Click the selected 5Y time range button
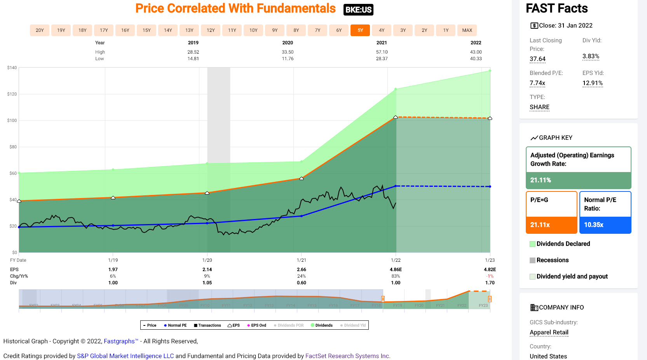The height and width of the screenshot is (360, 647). click(360, 30)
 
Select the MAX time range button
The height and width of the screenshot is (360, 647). click(467, 30)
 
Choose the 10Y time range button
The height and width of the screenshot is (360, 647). click(253, 30)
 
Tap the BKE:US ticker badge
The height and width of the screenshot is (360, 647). click(358, 10)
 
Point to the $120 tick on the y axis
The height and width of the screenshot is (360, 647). click(12, 94)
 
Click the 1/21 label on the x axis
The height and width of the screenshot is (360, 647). click(302, 260)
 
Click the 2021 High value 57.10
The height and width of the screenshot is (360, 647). click(382, 52)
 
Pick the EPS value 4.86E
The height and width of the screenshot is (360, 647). click(396, 270)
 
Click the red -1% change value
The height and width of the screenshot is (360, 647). click(490, 276)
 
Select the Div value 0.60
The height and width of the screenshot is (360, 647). click(302, 283)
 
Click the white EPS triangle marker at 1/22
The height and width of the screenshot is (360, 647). click(396, 117)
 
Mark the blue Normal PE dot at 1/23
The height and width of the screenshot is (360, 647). click(490, 186)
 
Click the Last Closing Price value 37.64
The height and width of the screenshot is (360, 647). click(537, 59)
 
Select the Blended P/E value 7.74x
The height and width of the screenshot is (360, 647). click(537, 83)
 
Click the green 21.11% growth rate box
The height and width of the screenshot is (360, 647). click(578, 180)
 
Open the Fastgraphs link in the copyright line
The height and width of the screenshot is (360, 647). click(119, 341)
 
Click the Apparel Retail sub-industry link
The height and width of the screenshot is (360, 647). click(549, 332)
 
